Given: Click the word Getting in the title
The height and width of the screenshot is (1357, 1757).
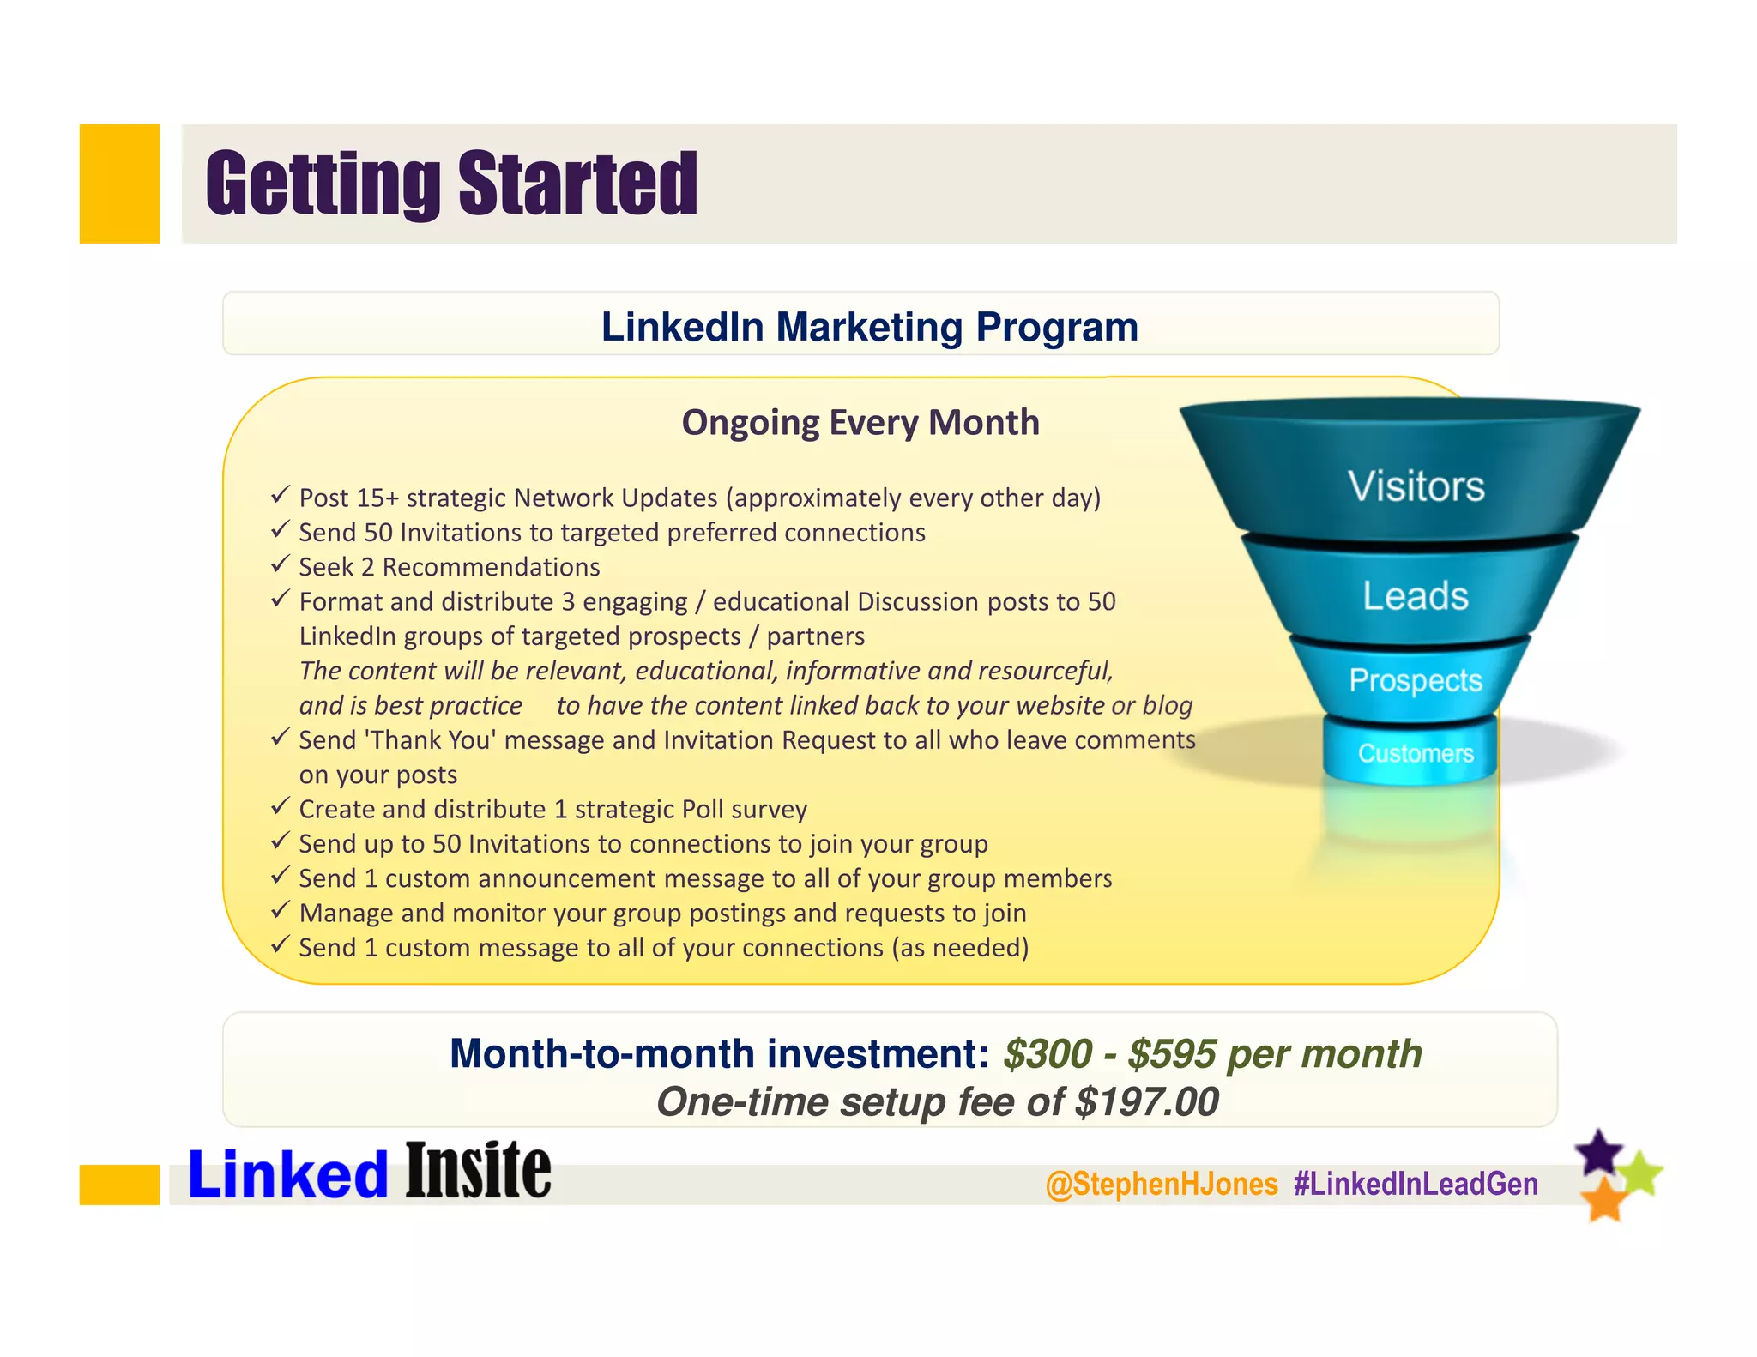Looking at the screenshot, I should (322, 184).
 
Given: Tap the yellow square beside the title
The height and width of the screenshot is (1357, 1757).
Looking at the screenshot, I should (119, 184).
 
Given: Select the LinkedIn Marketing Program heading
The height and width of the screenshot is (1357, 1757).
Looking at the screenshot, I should (869, 327).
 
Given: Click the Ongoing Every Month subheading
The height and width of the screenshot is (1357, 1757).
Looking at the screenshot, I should (860, 423).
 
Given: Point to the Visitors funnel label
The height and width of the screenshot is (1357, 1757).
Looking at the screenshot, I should (1416, 486).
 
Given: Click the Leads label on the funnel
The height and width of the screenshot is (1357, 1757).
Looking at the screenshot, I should (1415, 596).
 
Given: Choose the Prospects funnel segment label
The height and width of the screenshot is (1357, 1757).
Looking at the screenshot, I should (1415, 680).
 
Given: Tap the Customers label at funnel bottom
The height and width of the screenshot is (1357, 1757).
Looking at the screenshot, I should (1415, 754).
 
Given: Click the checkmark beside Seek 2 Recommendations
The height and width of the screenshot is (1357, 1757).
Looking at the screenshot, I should (280, 564).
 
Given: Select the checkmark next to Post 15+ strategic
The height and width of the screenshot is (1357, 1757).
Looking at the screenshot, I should (280, 495).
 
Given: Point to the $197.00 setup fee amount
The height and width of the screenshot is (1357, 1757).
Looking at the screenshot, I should (1146, 1102).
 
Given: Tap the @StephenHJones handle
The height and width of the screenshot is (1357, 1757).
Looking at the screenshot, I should (1162, 1185).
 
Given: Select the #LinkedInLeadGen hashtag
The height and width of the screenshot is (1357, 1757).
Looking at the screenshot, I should (1416, 1185).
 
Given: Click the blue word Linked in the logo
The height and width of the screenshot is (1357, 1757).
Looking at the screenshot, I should (287, 1175).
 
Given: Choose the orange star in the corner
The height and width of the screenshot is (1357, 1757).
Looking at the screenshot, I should (1603, 1199).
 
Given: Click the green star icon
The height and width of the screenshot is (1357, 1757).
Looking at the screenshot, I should (1641, 1174).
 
